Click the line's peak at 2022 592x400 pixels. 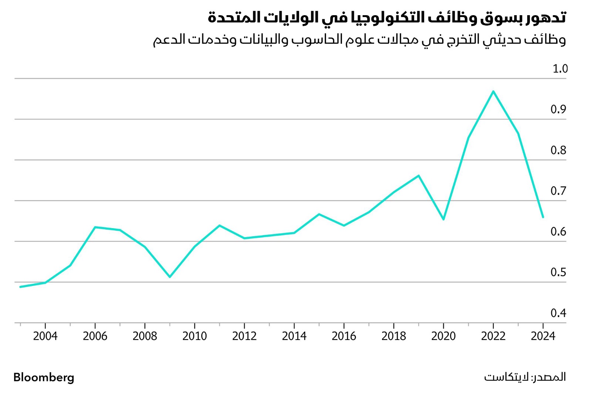tap(493, 91)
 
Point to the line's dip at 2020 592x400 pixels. tap(443, 219)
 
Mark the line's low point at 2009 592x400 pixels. tap(170, 277)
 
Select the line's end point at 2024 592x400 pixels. tap(543, 217)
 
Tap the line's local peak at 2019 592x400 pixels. tap(418, 176)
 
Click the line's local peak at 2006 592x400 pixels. tap(95, 227)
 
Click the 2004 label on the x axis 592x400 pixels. tap(45, 336)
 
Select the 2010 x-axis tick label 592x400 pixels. tap(195, 336)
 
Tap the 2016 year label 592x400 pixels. tap(344, 336)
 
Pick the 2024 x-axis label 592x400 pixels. tap(543, 336)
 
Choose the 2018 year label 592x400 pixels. tap(394, 336)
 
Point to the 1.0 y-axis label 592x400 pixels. tap(559, 69)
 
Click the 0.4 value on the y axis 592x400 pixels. tap(558, 313)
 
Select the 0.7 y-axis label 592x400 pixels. tap(558, 191)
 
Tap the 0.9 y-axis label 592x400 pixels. tap(558, 110)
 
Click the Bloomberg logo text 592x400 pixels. tap(44, 377)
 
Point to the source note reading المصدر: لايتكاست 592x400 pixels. tap(525, 377)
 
